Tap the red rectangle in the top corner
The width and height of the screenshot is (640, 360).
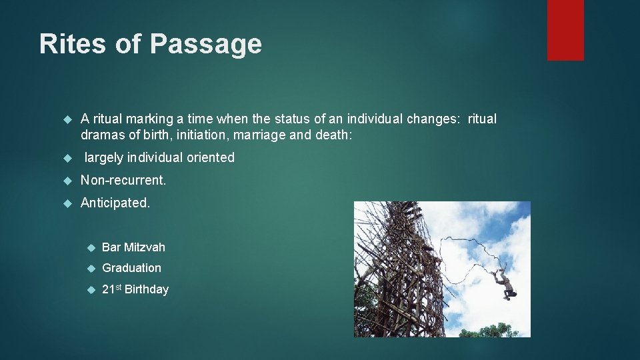[565, 30]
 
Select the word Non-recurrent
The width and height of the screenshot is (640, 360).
[123, 180]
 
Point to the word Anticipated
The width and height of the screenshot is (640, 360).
[115, 203]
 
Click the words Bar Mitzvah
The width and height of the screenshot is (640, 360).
[133, 247]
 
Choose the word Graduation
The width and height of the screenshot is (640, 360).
[131, 268]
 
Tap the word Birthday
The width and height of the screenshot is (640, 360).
[147, 289]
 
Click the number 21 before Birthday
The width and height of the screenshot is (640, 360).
[108, 289]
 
